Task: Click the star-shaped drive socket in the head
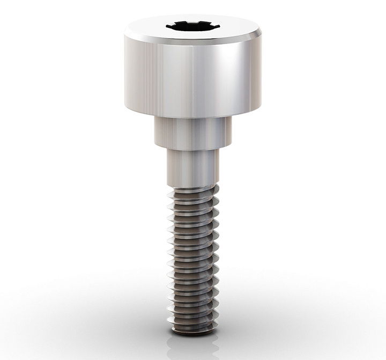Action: [x=193, y=25]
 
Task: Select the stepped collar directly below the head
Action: [x=193, y=131]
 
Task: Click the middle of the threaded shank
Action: [x=193, y=258]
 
